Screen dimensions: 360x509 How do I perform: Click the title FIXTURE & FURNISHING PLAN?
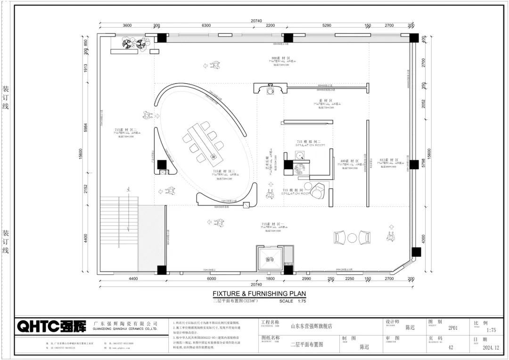(x=256, y=293)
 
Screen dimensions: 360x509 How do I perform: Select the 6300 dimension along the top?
(x=206, y=25)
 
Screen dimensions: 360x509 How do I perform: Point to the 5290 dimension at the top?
(x=327, y=25)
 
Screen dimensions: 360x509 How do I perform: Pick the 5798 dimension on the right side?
(x=424, y=164)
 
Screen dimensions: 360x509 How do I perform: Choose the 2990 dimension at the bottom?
(x=306, y=279)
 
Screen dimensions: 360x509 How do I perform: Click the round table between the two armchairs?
(x=353, y=238)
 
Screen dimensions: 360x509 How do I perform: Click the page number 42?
(x=451, y=347)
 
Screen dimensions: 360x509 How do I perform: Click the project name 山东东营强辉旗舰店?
(x=311, y=326)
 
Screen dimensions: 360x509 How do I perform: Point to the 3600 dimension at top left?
(x=127, y=25)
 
